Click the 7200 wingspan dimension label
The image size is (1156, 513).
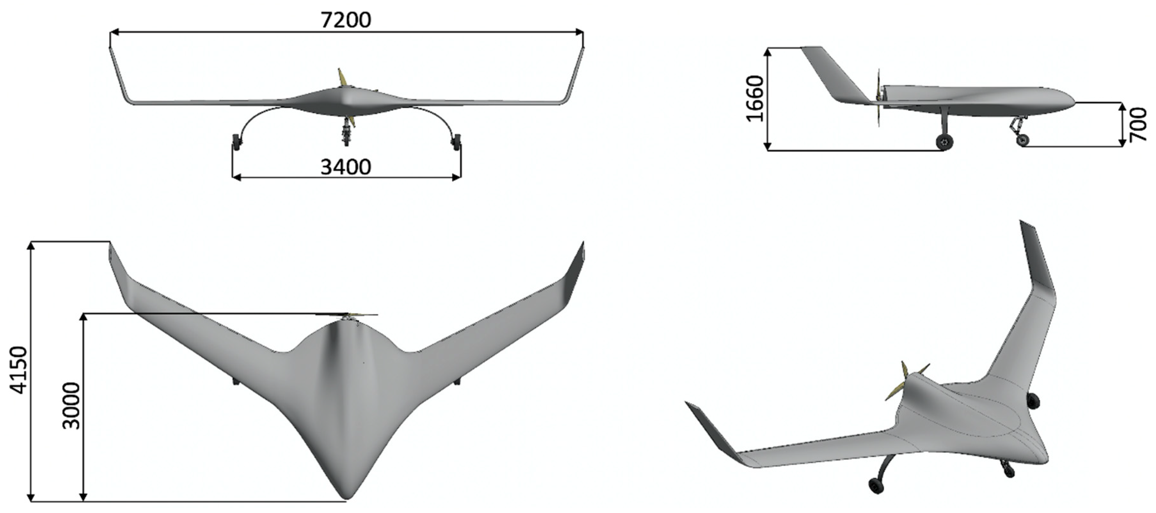[346, 20]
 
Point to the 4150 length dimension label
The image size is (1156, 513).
[19, 370]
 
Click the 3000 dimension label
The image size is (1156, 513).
[71, 406]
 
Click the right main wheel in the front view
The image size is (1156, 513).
[456, 142]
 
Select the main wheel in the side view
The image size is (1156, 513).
[945, 142]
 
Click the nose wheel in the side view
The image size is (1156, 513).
[1023, 140]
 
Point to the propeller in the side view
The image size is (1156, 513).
[879, 98]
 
